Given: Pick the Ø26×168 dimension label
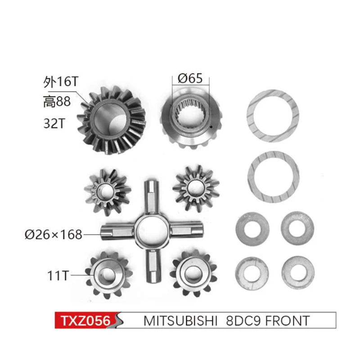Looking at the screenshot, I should point(54,234).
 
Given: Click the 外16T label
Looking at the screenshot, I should point(57,83).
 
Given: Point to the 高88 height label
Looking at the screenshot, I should point(57,103).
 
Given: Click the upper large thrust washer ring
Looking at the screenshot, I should point(273,116).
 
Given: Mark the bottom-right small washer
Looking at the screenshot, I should point(297,271).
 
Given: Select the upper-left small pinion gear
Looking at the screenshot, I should point(108,191).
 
